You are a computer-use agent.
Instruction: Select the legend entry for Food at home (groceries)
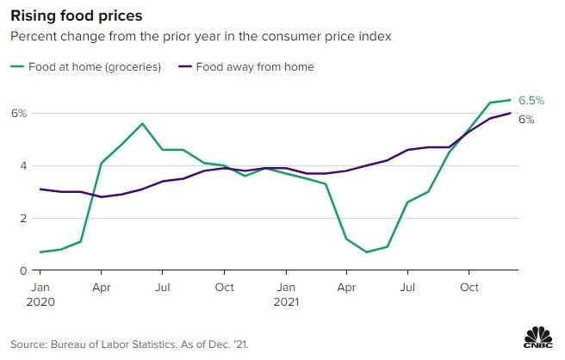86,66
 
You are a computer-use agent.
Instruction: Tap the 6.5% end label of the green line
531,101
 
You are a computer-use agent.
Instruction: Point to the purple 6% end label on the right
526,120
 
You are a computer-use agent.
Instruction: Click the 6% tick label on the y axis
18,113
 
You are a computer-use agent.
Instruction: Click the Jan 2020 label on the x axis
40,294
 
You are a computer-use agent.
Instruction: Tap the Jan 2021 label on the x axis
287,294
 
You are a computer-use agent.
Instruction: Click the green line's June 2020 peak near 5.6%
143,123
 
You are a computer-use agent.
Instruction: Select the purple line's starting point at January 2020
40,189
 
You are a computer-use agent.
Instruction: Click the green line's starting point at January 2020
40,252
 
